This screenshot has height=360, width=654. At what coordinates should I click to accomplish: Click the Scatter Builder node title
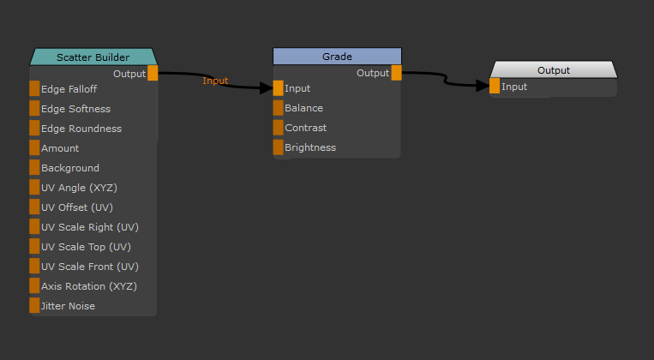tap(93, 57)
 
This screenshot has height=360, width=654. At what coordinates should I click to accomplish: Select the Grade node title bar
tap(337, 57)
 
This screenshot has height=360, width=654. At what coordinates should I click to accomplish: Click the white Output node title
tap(553, 70)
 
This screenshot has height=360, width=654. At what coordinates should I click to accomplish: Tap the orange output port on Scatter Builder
tap(153, 74)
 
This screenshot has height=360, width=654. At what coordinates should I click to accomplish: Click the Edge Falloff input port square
tap(34, 89)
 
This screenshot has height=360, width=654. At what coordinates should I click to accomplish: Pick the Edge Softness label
tap(75, 109)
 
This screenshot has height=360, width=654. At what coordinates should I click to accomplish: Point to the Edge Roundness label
tap(81, 129)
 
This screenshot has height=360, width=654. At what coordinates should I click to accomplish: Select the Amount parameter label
tap(60, 148)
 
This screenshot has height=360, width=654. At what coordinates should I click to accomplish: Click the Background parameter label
tap(70, 168)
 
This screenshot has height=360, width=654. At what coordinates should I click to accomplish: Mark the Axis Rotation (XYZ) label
tap(88, 286)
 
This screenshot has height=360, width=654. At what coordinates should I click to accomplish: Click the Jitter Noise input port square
tap(34, 306)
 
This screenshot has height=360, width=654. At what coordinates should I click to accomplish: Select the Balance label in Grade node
tap(303, 108)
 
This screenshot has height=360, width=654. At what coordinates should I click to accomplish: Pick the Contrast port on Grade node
tap(279, 128)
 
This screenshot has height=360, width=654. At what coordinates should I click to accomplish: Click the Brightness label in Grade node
tap(310, 147)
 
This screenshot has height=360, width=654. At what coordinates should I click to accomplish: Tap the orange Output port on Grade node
tap(396, 73)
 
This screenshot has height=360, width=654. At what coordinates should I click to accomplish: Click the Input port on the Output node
tap(495, 87)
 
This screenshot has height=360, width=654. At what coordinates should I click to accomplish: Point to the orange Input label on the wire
tap(215, 81)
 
